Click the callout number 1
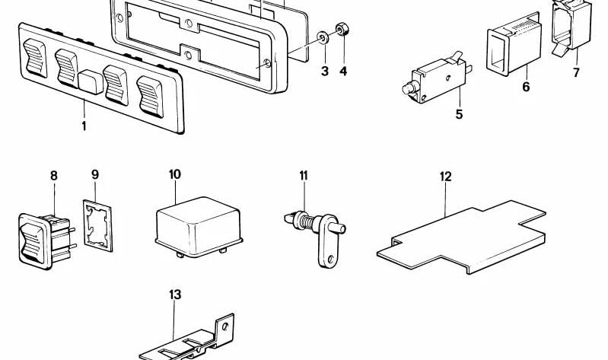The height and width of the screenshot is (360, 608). coord(84,125)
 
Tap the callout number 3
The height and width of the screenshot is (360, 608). coord(324,72)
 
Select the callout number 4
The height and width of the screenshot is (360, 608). coord(343,72)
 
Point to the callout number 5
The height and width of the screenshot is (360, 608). coord(459,115)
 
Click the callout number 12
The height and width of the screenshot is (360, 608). coord(445,177)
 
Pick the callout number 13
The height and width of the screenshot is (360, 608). coord(176,294)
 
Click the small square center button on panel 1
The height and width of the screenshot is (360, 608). coord(91,81)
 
